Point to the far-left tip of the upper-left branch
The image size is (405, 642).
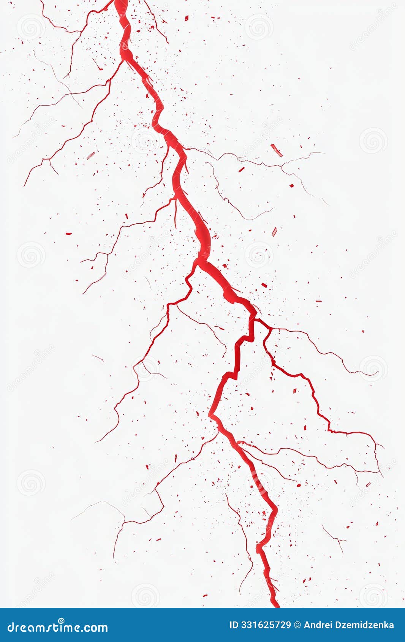coord(24,185)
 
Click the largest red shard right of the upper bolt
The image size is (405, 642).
coord(277,150)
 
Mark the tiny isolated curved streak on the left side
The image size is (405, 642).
coord(98,358)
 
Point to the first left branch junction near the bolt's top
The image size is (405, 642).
coord(122,61)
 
